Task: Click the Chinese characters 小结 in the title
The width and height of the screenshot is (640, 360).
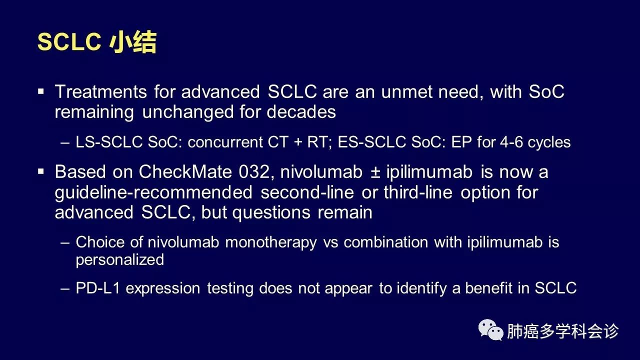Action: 133,42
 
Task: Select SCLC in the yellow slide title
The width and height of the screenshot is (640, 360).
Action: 69,42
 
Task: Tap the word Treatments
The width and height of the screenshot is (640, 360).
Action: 101,91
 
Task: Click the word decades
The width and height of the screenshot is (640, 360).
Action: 301,111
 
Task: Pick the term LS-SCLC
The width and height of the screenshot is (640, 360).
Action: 109,142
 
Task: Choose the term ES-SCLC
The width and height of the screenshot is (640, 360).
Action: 371,142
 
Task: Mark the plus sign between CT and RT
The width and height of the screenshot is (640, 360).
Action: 298,142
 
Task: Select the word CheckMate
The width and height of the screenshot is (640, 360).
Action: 185,172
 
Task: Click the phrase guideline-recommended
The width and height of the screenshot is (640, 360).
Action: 153,192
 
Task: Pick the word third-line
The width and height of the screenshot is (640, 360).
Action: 418,192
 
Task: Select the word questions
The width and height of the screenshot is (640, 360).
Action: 271,213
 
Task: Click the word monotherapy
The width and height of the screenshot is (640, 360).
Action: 271,242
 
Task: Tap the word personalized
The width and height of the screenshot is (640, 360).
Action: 119,260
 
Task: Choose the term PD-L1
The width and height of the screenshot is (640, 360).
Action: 97,287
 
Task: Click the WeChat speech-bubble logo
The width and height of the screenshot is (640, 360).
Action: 491,330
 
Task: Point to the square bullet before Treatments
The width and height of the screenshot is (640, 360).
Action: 41,91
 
